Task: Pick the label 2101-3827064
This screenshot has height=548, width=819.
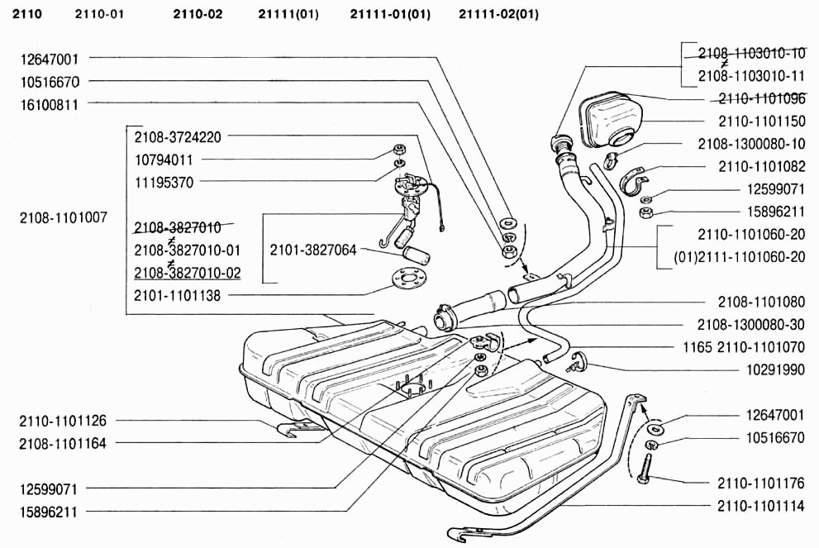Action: [x=312, y=249]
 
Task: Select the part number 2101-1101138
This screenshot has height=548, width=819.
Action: [x=177, y=295]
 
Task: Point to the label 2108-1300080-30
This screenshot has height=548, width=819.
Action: [x=750, y=325]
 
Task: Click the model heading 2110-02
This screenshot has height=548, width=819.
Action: [x=198, y=14]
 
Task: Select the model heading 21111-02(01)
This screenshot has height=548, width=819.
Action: [x=498, y=14]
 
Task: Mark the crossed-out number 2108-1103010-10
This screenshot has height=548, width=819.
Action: [x=750, y=54]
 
